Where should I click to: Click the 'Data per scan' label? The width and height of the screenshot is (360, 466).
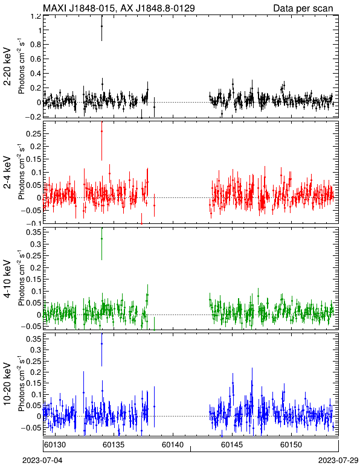[x=303, y=8]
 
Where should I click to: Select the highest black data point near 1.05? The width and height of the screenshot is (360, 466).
[x=101, y=26]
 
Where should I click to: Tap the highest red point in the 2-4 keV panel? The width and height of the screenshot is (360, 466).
[x=101, y=131]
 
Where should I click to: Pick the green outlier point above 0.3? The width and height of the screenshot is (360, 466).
[x=101, y=238]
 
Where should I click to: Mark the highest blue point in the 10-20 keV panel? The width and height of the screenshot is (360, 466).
[x=101, y=344]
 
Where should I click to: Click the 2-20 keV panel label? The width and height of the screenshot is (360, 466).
[x=7, y=66]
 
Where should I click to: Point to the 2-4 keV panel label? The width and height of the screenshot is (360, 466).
[x=7, y=173]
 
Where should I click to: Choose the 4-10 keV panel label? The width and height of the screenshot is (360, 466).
[x=7, y=279]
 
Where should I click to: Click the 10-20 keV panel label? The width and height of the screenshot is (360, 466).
[x=7, y=384]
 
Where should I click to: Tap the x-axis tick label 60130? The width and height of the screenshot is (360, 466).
[x=55, y=445]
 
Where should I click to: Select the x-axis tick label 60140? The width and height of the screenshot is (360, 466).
[x=173, y=445]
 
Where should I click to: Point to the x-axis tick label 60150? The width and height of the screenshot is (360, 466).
[x=291, y=445]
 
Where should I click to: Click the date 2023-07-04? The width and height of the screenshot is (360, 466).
[x=42, y=461]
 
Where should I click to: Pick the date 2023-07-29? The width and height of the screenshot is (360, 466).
[x=338, y=461]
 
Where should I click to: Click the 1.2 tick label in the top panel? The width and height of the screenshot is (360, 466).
[x=36, y=16]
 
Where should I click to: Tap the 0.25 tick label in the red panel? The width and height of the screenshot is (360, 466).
[x=33, y=134]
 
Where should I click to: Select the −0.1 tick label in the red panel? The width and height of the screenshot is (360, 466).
[x=33, y=223]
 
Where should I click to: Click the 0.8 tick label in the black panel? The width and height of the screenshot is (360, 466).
[x=36, y=45]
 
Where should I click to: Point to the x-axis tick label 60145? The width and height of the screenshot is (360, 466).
[x=232, y=445]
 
